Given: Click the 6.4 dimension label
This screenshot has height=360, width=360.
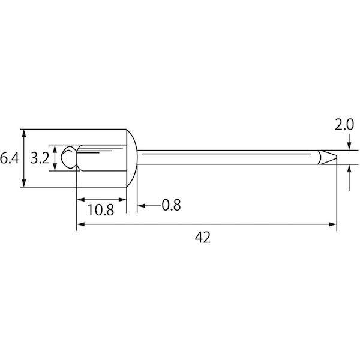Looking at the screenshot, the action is pyautogui.click(x=10, y=158).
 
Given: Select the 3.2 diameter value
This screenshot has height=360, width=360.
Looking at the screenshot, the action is pyautogui.click(x=40, y=158).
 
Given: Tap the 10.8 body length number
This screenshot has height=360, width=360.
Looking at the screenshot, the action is pyautogui.click(x=101, y=210).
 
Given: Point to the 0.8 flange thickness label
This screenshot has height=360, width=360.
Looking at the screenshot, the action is pyautogui.click(x=171, y=205).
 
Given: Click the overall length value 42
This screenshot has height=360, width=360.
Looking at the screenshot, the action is pyautogui.click(x=203, y=238).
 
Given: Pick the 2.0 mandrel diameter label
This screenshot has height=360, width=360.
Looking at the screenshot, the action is pyautogui.click(x=344, y=125).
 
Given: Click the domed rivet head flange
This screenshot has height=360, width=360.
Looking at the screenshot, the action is pyautogui.click(x=131, y=158).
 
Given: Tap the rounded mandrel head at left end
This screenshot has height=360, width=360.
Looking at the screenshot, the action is pyautogui.click(x=69, y=158).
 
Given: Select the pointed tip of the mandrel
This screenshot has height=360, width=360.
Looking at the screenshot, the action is pyautogui.click(x=328, y=157).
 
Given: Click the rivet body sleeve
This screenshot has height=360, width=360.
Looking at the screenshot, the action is pyautogui.click(x=101, y=158).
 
